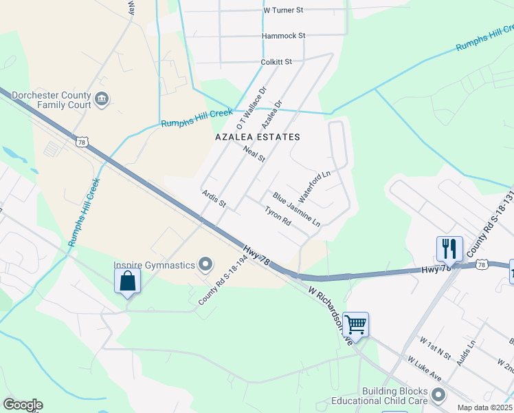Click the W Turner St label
click(284, 10)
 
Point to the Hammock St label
click(283, 35)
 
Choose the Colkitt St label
click(276, 62)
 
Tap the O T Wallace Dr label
click(251, 108)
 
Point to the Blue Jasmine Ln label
click(296, 209)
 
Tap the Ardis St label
click(214, 199)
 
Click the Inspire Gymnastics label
click(155, 264)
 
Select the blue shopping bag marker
click(127, 282)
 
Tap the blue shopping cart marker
click(355, 324)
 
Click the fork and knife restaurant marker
click(449, 248)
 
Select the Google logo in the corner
click(23, 405)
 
